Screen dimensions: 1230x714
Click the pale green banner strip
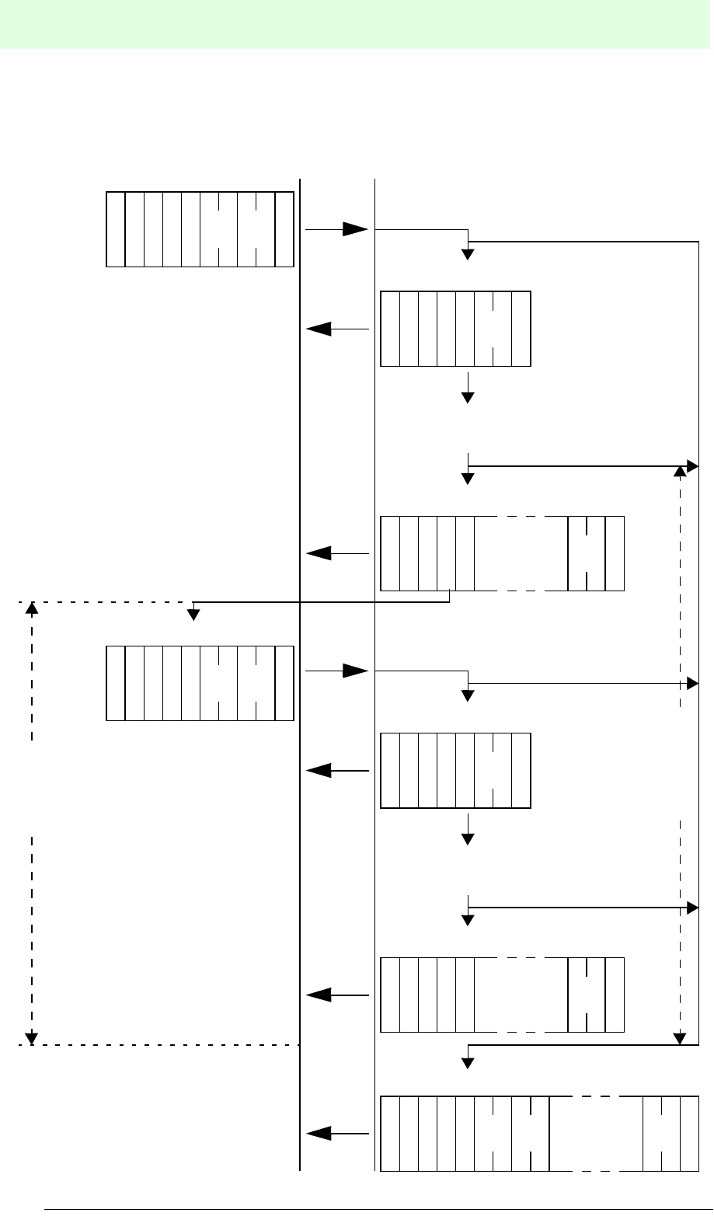(x=357, y=24)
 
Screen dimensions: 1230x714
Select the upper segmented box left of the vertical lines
(x=200, y=229)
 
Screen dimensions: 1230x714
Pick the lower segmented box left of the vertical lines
(x=200, y=683)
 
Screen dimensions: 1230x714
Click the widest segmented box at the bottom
(x=540, y=1134)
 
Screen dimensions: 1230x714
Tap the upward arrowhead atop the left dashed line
(x=32, y=608)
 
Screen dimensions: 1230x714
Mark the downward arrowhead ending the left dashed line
(x=32, y=1037)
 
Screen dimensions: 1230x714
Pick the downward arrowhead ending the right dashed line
(x=681, y=1038)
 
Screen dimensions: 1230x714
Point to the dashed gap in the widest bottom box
(x=596, y=1134)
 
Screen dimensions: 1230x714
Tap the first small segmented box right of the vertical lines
(x=455, y=329)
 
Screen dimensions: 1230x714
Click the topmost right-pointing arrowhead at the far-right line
(x=694, y=466)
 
